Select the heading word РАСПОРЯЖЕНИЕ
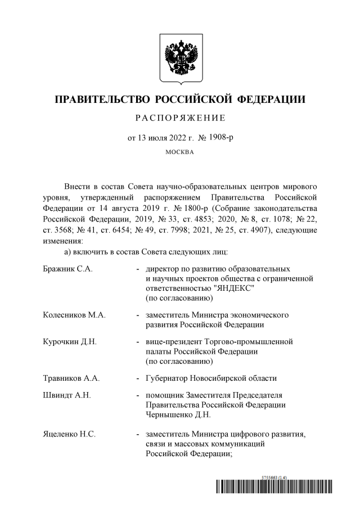click(x=180, y=118)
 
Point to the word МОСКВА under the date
click(x=180, y=152)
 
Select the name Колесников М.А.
click(x=74, y=315)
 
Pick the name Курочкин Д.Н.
click(x=70, y=341)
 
